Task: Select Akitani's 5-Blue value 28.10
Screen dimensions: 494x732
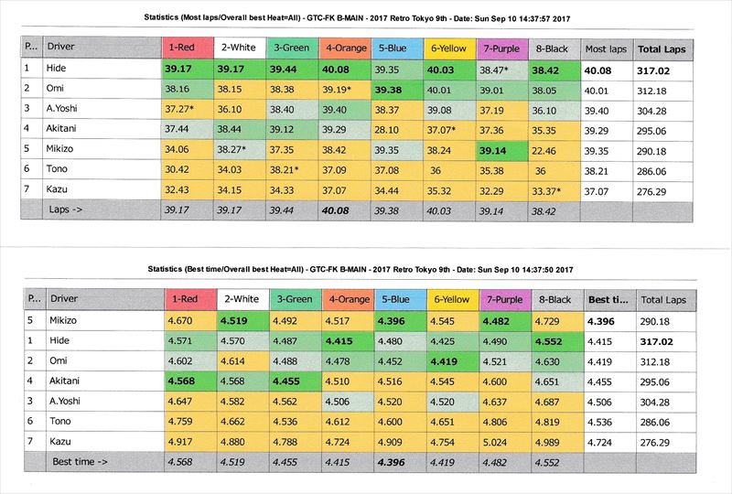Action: pos(389,130)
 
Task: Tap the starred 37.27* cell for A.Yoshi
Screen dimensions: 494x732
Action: pos(184,109)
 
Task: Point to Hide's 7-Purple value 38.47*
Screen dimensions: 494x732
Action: pos(498,69)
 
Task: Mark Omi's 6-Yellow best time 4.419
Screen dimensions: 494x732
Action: pos(444,360)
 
